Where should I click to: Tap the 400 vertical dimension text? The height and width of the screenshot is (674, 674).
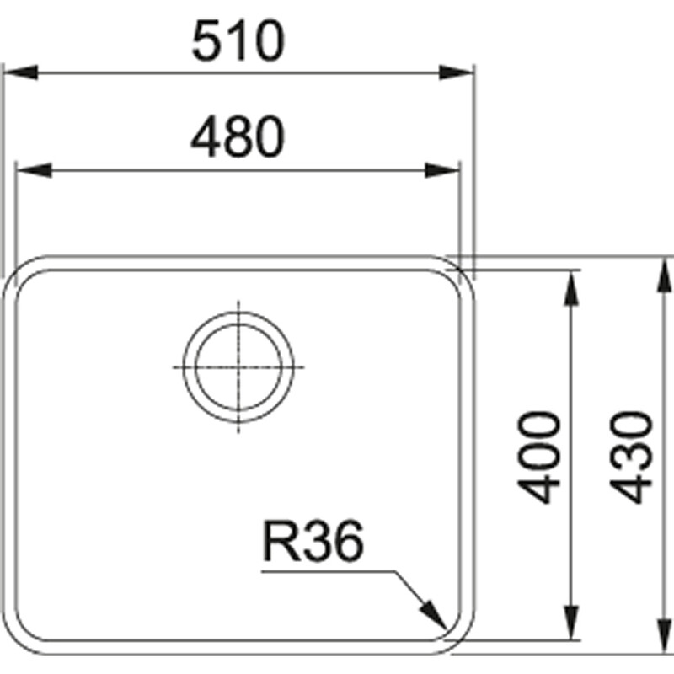540,456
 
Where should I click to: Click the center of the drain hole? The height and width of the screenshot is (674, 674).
239,367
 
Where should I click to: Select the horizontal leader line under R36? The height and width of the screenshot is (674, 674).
329,571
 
